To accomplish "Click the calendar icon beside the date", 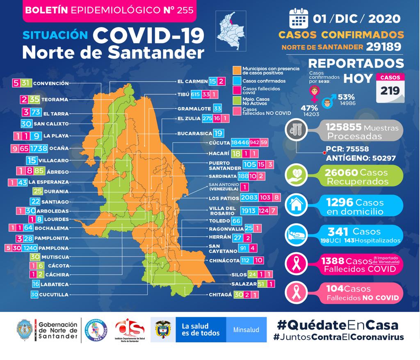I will click(298, 18).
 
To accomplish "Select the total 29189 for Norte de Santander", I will click(383, 47).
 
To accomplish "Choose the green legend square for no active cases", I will click(237, 100).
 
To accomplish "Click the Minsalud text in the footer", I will click(246, 330).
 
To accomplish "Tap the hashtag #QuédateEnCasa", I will click(338, 325).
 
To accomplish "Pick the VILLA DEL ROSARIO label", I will click(222, 211).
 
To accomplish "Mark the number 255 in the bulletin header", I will click(185, 10).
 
